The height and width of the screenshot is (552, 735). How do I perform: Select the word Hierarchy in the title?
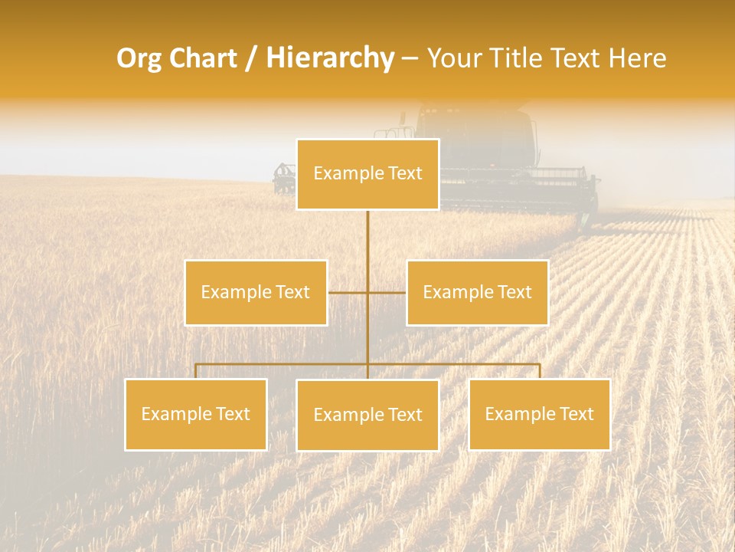(329, 59)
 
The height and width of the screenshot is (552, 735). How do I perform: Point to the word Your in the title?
(450, 59)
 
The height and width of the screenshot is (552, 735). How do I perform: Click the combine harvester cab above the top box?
(475, 130)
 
